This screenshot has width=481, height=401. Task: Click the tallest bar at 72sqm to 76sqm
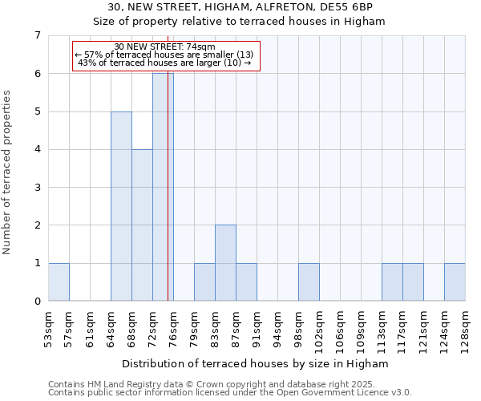(163, 187)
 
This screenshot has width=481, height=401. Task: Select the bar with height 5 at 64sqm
(121, 206)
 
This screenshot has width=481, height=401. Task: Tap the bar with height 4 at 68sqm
(142, 225)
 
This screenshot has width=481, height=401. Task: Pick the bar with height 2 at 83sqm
(225, 263)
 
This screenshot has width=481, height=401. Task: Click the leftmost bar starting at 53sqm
(59, 282)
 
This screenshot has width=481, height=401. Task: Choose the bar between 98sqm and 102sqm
(309, 282)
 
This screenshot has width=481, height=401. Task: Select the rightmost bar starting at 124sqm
(455, 282)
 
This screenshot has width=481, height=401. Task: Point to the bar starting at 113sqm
(392, 282)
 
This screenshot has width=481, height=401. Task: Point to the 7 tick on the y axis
(37, 35)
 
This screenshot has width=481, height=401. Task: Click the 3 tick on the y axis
(37, 188)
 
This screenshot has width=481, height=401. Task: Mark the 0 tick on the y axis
(37, 302)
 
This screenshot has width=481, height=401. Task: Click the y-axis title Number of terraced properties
(8, 172)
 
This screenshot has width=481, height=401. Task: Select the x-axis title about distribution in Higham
(257, 363)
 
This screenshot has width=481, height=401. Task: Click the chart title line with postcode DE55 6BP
(240, 7)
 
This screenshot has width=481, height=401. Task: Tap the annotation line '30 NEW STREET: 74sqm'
(165, 47)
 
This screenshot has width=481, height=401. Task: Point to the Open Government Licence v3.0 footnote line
(230, 393)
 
